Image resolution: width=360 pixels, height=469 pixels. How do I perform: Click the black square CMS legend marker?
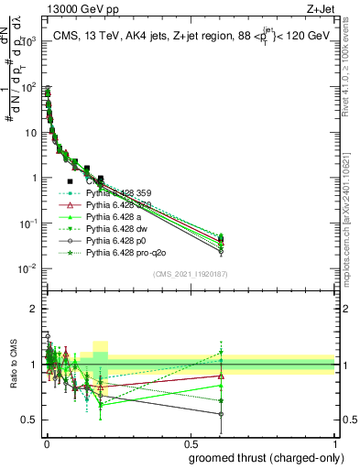[x=70, y=181]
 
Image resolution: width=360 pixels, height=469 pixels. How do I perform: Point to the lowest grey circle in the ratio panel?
[x=222, y=414]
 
